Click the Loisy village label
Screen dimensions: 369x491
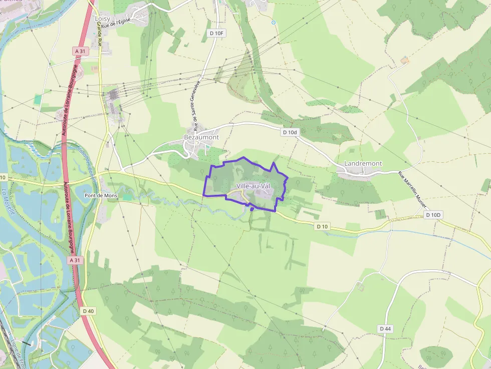coord(102,19)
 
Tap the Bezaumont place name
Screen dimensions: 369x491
coord(201,137)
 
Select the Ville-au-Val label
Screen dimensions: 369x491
coord(253,186)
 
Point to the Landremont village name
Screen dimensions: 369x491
coord(363,164)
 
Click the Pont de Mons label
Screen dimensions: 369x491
coord(101,195)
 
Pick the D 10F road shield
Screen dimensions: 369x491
coord(217,33)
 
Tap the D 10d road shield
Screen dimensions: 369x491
coord(290,132)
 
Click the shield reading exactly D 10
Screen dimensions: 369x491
coord(322,226)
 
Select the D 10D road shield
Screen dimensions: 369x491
coord(433,215)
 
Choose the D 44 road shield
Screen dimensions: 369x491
coord(384,328)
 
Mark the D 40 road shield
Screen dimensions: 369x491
coord(88,311)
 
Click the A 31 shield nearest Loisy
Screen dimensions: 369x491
coord(80,51)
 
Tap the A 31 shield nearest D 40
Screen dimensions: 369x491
coord(75,260)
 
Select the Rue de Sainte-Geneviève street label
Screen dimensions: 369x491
coord(196,105)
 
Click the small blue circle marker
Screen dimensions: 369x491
coord(274,23)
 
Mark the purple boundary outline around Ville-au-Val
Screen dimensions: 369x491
coord(244,158)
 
